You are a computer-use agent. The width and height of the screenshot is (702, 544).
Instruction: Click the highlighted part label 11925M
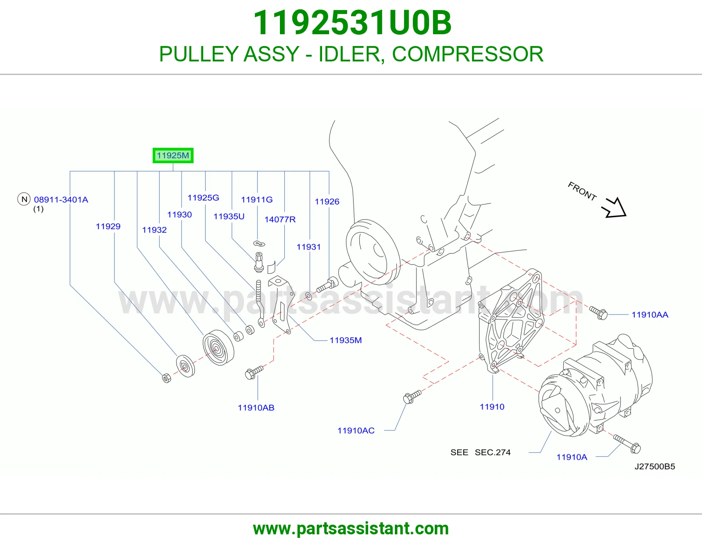(173, 155)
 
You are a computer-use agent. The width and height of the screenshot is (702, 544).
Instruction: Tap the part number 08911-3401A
(61, 200)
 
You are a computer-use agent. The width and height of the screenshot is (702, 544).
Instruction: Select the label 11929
(108, 226)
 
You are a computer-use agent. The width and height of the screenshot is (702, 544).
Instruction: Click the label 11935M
(345, 340)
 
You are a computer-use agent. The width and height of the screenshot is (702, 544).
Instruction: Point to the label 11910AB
(256, 408)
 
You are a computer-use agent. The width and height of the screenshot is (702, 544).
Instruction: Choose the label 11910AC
(356, 431)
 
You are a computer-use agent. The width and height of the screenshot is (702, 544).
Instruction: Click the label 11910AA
(650, 315)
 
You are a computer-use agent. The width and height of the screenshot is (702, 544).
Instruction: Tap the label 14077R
(280, 219)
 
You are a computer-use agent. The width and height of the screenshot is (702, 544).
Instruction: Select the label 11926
(327, 201)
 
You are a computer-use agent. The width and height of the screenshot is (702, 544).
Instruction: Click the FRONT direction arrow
(615, 208)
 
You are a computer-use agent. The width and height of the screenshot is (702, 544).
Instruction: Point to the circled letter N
(24, 199)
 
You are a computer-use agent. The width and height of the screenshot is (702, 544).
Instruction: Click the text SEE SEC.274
(480, 452)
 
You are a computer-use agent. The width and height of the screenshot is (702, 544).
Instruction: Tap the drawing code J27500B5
(655, 466)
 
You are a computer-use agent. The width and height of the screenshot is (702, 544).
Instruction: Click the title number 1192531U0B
(352, 23)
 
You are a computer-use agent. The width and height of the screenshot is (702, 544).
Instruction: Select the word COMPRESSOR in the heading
(468, 54)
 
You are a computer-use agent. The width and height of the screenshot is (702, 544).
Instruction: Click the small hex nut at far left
(166, 378)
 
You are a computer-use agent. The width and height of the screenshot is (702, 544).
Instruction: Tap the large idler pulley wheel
(218, 347)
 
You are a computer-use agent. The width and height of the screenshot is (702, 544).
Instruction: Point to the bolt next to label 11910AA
(598, 312)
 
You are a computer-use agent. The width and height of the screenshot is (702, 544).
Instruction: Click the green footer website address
(351, 529)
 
